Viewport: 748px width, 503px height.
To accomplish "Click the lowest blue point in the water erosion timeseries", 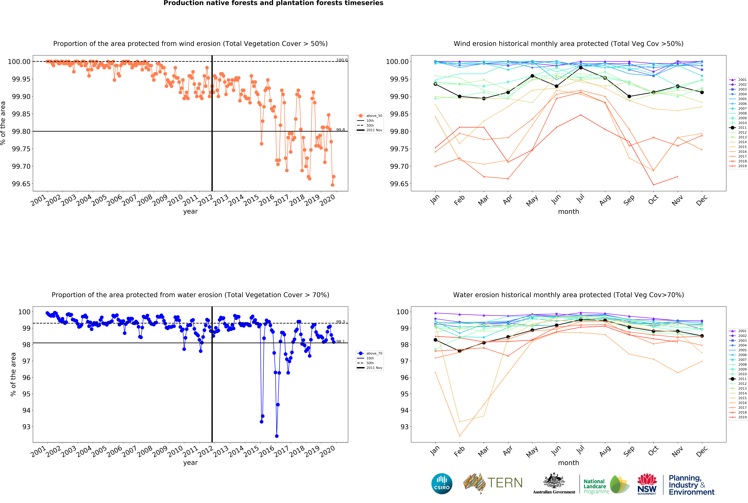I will [x=277, y=436].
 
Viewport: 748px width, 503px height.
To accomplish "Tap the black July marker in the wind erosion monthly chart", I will [x=581, y=68].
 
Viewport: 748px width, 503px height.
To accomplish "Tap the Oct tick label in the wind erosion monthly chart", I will [x=653, y=199].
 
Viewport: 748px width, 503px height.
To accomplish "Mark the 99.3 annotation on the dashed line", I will [x=340, y=322].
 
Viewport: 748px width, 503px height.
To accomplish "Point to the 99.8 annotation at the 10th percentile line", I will [x=340, y=130].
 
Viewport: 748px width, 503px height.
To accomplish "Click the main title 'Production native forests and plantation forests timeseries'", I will [x=273, y=3].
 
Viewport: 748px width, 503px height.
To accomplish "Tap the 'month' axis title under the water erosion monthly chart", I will [x=569, y=463].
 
